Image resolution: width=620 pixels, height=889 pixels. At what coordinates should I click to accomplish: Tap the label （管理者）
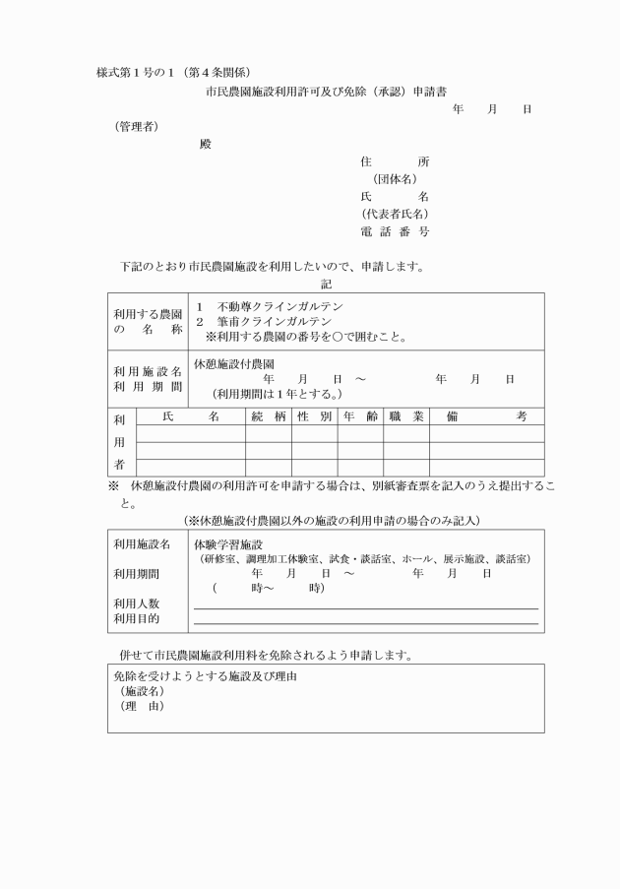tap(136, 126)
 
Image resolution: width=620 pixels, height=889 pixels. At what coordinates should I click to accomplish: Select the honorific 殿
tap(205, 144)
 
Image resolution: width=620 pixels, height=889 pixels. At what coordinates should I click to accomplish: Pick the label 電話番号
tap(395, 231)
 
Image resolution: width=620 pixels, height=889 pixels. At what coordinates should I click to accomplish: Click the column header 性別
tap(314, 417)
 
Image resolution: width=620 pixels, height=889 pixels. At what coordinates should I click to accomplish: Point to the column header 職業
tap(405, 417)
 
